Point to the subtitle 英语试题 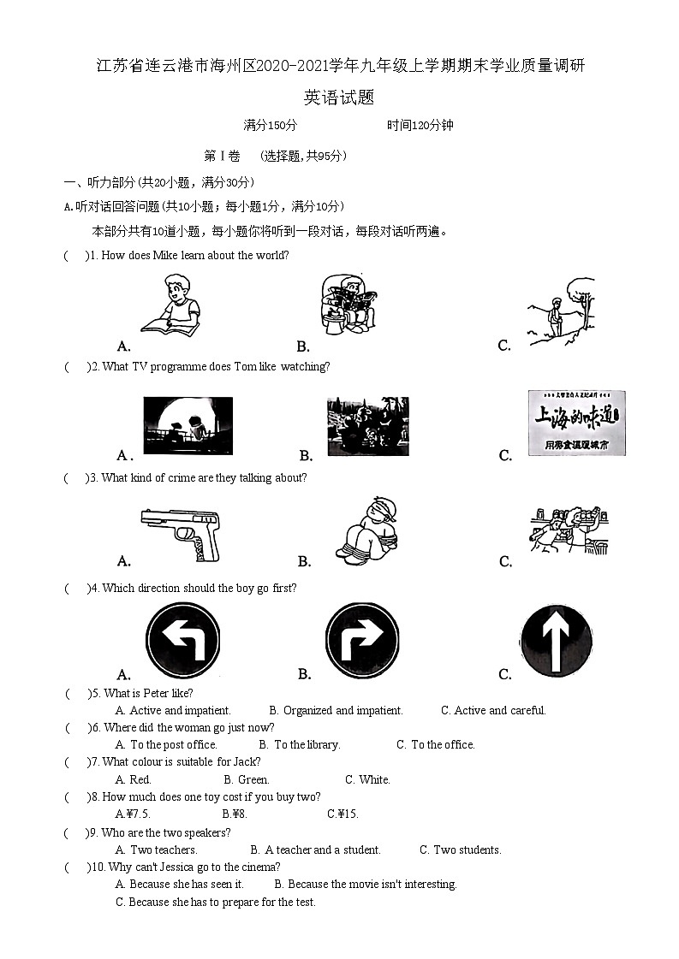coord(339,98)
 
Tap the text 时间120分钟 coord(420,126)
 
